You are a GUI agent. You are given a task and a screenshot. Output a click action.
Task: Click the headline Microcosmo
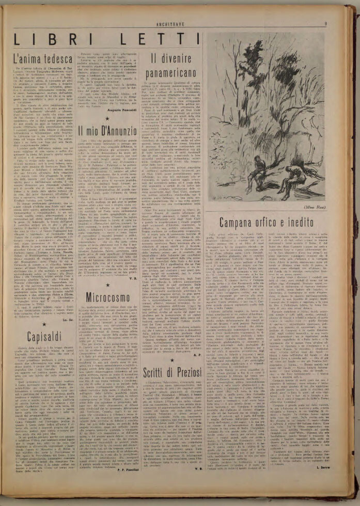pyautogui.click(x=108, y=297)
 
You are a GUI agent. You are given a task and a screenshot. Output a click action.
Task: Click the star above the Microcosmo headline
pyautogui.click(x=107, y=284)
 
